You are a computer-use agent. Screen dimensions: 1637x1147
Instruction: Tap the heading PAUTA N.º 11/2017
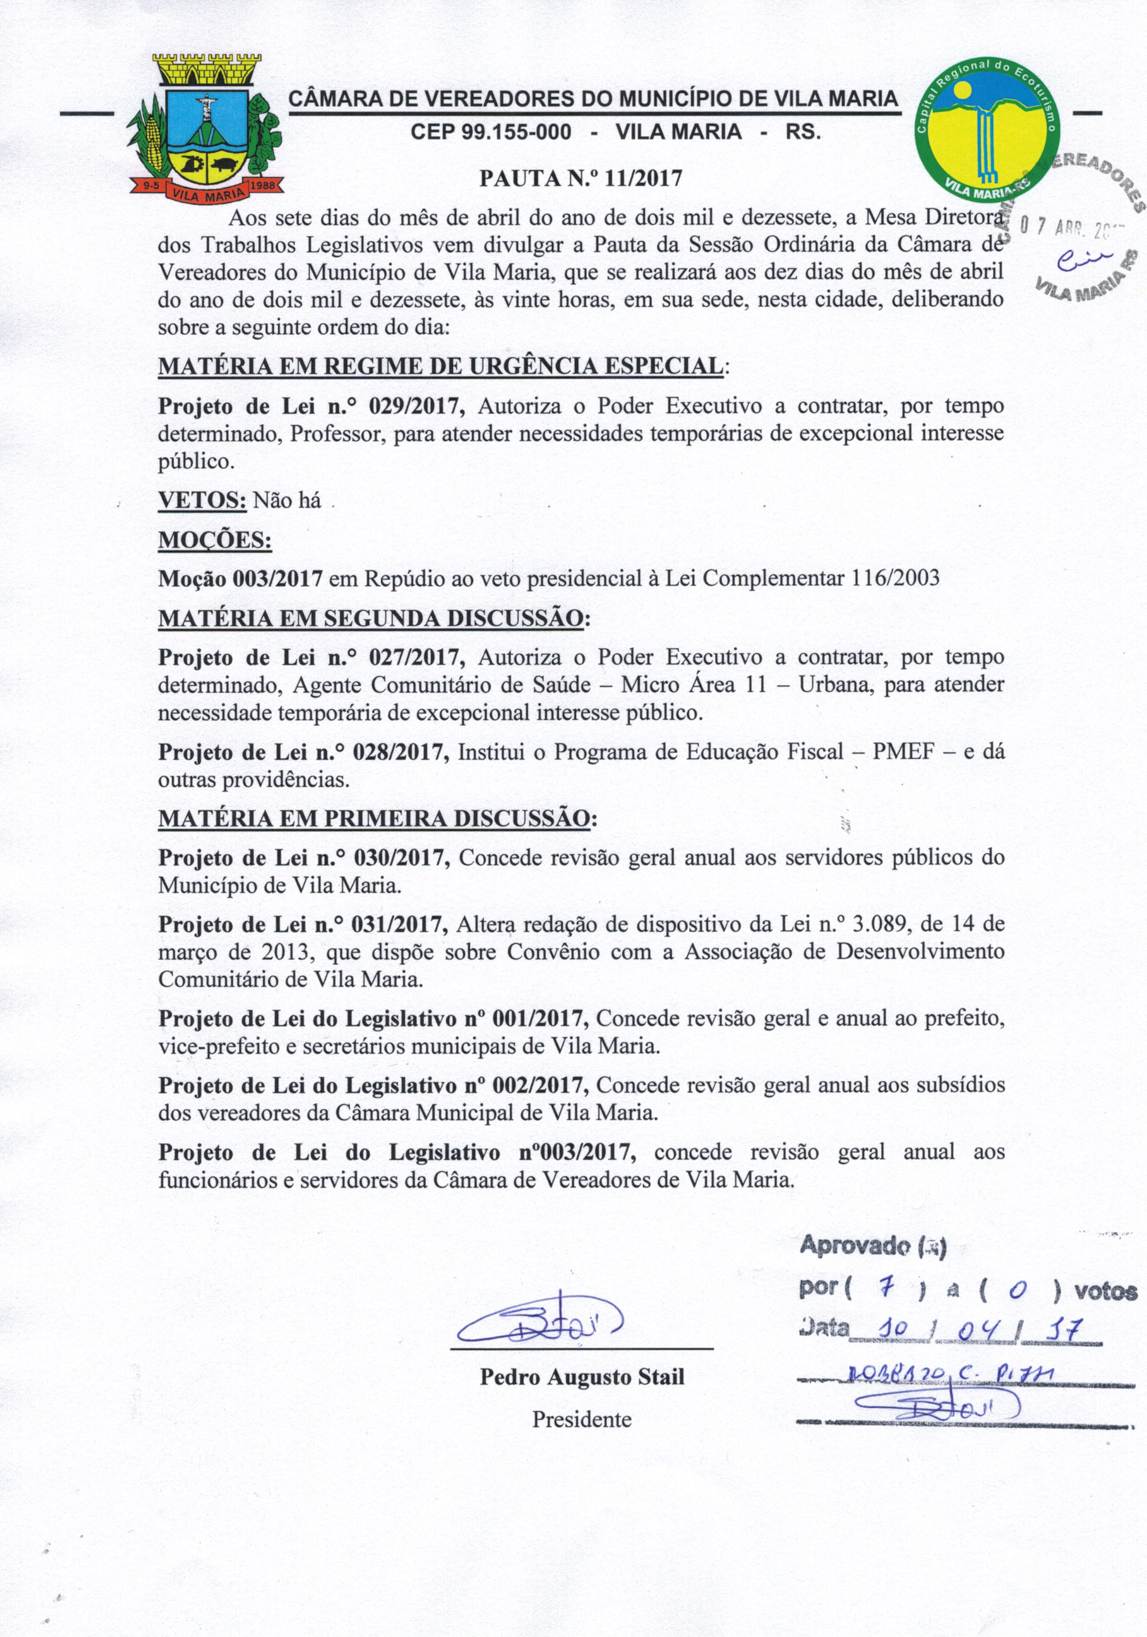point(580,178)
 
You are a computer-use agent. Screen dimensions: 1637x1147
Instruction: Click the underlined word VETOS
point(202,500)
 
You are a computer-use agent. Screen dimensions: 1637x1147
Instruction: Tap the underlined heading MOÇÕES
point(215,540)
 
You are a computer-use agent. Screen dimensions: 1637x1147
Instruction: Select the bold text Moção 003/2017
point(240,578)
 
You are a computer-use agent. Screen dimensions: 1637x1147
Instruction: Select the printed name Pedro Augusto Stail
point(582,1377)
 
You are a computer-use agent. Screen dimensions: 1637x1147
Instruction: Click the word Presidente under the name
point(582,1419)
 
